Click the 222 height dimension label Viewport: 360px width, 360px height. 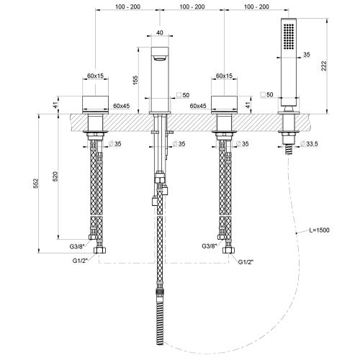(x=324, y=66)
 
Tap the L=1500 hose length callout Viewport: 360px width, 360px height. (x=319, y=230)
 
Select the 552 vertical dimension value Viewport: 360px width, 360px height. (x=36, y=184)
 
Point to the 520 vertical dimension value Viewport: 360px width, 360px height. (x=55, y=176)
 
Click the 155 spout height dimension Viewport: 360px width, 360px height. (x=135, y=80)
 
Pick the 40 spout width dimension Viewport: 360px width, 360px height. (x=160, y=32)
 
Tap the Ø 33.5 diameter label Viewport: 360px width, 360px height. (x=309, y=144)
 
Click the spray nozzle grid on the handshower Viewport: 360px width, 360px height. (x=289, y=37)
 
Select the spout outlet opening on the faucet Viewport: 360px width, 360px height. (x=160, y=58)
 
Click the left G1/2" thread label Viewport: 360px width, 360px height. (x=79, y=261)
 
